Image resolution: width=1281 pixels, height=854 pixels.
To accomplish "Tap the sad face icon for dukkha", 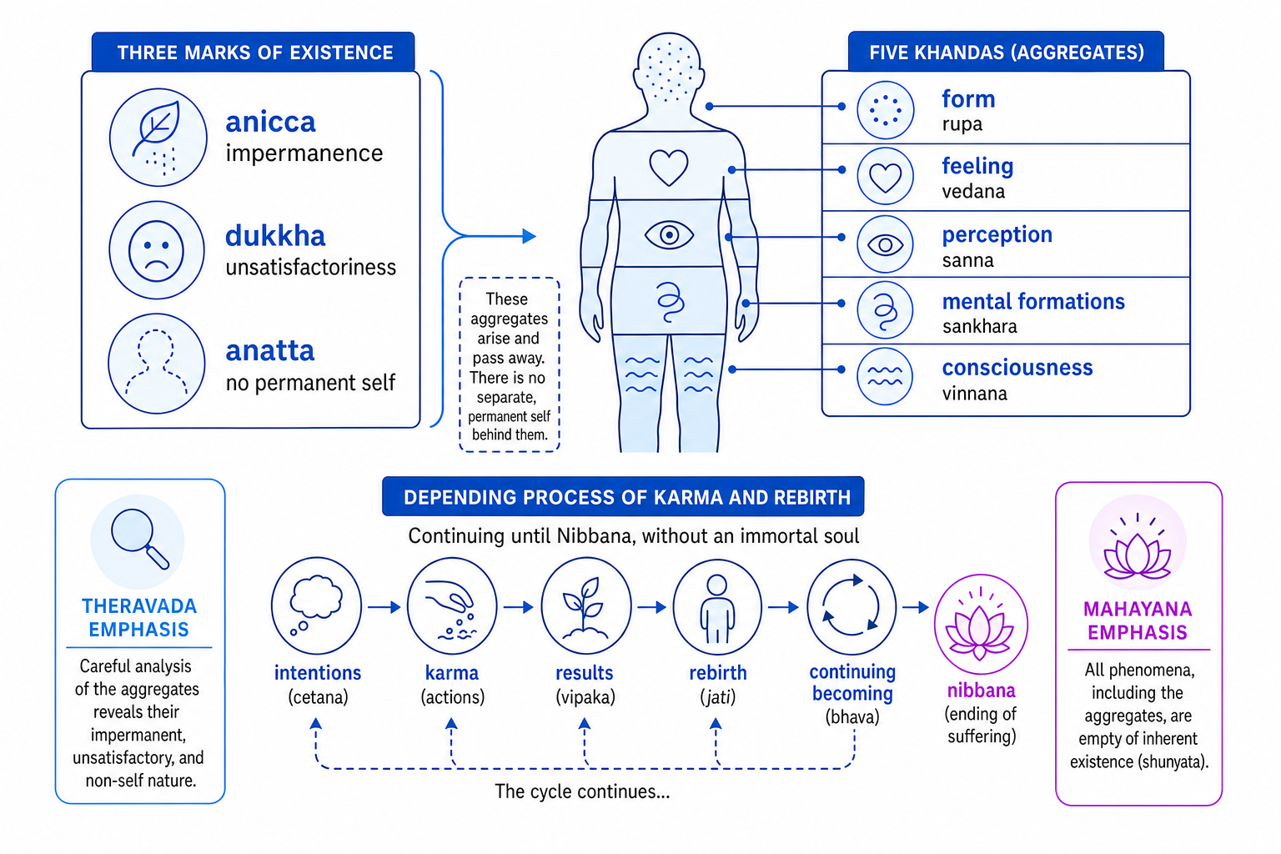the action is coord(157,250).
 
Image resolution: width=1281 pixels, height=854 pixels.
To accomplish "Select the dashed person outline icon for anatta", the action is coord(157,364).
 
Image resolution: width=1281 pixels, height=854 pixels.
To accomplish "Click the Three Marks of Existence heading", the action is coord(255,53).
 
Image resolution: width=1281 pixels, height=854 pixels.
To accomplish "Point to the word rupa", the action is coord(962,124).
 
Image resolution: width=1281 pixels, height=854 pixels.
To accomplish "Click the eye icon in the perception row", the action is coord(885,245).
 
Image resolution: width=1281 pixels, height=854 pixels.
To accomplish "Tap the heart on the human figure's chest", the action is coord(669,167).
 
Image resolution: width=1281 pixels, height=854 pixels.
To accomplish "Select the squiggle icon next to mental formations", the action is coord(885,310).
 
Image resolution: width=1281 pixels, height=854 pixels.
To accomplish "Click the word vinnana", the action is coord(974,394).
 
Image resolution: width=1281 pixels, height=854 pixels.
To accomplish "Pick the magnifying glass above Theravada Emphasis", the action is coord(139,539).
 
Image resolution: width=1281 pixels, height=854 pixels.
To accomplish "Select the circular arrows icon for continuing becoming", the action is coord(851,605).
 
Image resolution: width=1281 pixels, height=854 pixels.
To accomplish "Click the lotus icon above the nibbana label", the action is coord(981,625).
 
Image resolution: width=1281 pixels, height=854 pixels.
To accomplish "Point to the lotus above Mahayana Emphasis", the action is coord(1138,545).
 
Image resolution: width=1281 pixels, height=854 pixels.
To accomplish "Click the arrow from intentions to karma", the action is coord(384,607).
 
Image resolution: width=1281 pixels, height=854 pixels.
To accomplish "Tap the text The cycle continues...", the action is coord(582,791).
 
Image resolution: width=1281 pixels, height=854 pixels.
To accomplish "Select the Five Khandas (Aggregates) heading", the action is coord(1007,53).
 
